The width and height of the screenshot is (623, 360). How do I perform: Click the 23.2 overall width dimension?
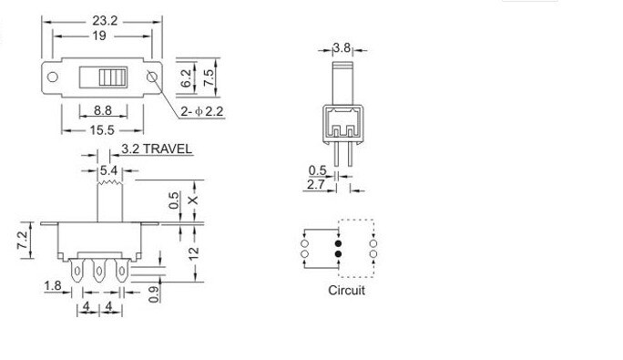tap(101, 16)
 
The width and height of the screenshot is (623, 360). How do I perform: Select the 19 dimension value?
tap(101, 36)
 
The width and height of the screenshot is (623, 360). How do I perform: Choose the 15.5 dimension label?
tap(101, 130)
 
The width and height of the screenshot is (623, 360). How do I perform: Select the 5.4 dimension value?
tap(107, 170)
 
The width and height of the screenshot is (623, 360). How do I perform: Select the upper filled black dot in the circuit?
tap(338, 244)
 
